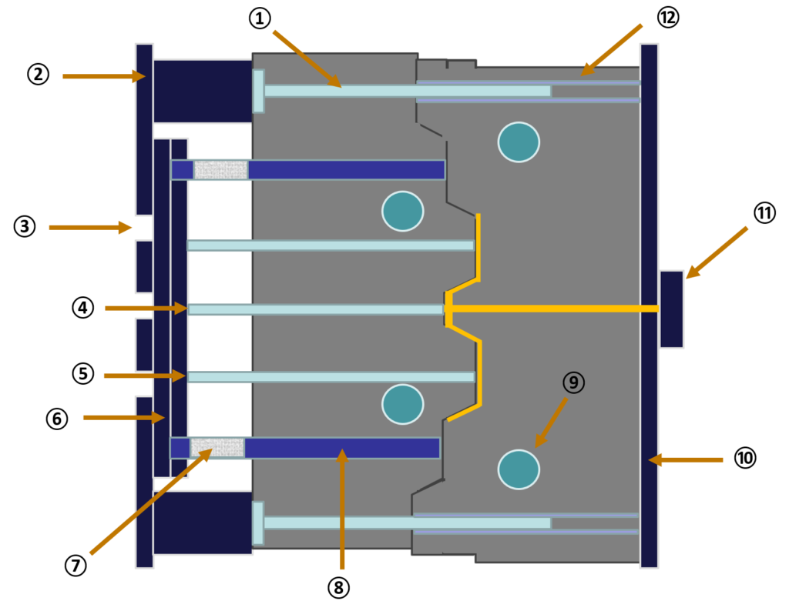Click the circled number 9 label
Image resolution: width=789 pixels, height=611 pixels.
[573, 382]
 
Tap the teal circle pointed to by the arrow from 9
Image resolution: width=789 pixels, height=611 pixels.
[519, 469]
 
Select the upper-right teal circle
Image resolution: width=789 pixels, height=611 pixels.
[519, 142]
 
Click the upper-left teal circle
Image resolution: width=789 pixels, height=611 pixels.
[402, 211]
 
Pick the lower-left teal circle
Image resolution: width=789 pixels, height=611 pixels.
[402, 404]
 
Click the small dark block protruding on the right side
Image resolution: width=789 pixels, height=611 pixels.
[671, 309]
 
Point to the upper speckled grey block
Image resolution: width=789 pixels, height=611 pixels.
[221, 170]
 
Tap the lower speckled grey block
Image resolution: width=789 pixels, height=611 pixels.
[217, 448]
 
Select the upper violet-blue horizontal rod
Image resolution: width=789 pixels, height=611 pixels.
[346, 170]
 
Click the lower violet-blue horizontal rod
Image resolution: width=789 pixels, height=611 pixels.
[341, 448]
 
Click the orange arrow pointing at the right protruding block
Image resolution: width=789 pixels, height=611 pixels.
[717, 252]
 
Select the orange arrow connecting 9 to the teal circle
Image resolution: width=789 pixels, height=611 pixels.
[551, 422]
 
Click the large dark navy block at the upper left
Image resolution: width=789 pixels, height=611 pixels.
[202, 91]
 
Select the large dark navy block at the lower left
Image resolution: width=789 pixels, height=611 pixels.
[202, 523]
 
